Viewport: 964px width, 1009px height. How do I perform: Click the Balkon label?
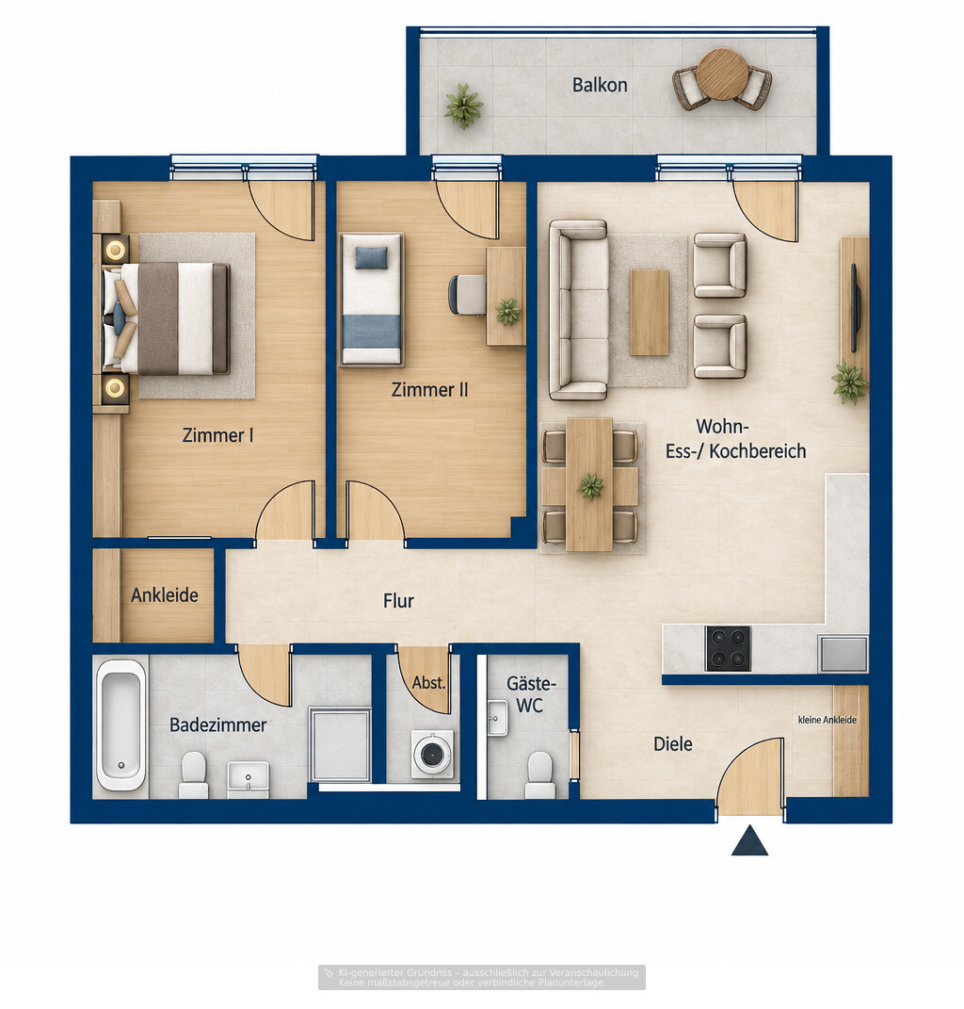point(600,85)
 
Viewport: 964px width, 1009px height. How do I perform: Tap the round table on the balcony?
point(723,74)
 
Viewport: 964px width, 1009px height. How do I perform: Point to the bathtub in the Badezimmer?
point(120,725)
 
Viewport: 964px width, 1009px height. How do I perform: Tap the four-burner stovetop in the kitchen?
point(728,648)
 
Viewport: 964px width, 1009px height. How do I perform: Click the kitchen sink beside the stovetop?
point(843,654)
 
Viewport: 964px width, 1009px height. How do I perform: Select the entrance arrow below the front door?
point(750,840)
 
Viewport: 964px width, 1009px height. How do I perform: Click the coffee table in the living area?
point(650,313)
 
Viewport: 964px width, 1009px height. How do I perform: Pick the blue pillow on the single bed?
point(372,257)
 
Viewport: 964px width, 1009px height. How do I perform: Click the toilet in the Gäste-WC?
point(540,775)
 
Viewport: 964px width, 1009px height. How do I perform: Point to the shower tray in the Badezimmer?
point(340,745)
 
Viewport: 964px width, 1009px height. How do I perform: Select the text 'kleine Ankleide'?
point(827,720)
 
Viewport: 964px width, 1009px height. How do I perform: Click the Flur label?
point(398,601)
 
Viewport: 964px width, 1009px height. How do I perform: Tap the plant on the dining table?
point(591,486)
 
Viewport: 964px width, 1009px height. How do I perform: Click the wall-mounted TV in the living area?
point(856,307)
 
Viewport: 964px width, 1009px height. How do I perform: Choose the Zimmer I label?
point(218,435)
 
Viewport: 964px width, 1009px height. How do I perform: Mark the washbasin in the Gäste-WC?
point(497,718)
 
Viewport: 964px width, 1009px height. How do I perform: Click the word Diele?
point(673,744)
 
